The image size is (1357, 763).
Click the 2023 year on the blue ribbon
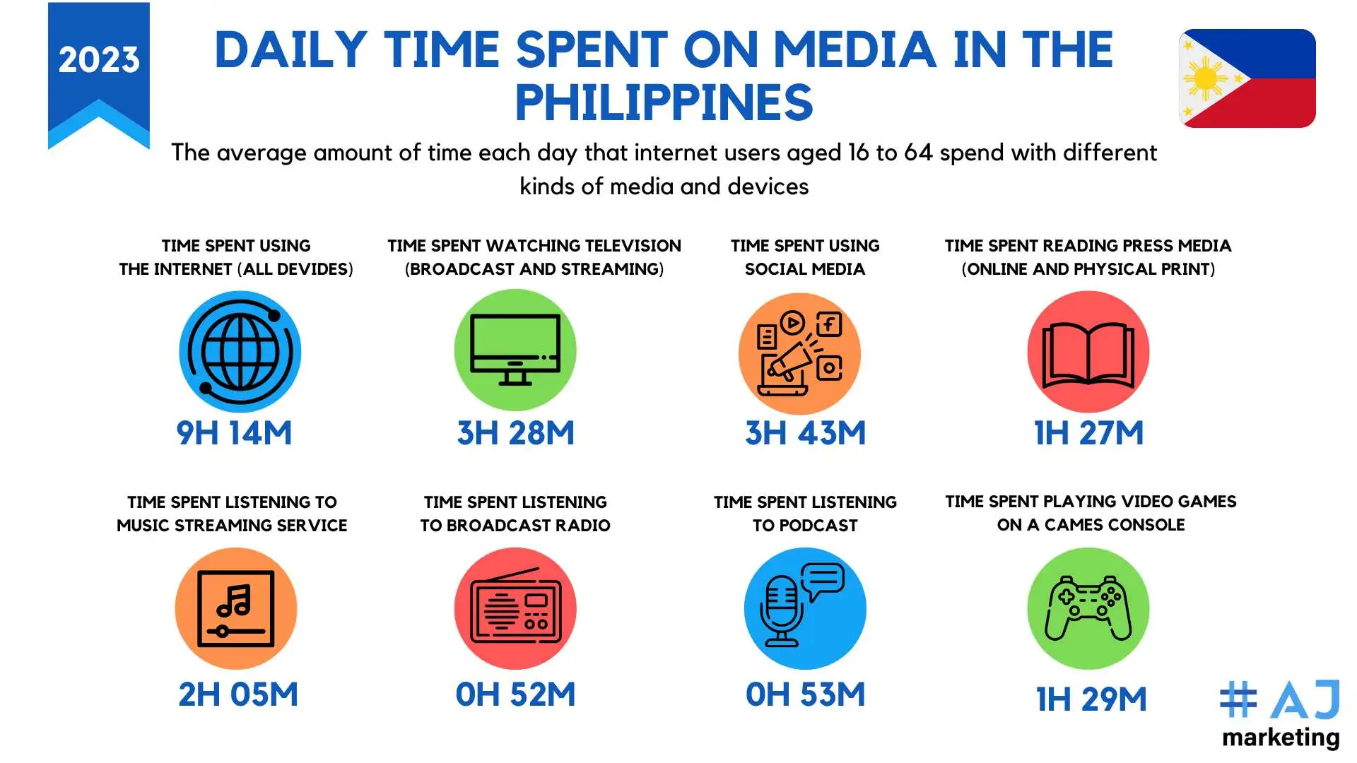click(99, 59)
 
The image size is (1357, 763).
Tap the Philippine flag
click(1247, 78)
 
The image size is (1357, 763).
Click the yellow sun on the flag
click(1205, 78)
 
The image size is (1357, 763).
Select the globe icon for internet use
click(240, 351)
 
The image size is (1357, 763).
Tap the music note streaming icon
click(236, 608)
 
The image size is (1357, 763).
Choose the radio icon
click(515, 608)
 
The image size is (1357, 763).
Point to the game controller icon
click(1088, 608)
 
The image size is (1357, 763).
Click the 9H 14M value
click(234, 433)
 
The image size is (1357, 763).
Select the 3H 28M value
click(516, 433)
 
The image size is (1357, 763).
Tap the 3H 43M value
click(806, 433)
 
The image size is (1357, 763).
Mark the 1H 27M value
click(1089, 433)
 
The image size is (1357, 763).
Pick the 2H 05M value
click(238, 694)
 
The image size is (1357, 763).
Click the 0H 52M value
click(516, 694)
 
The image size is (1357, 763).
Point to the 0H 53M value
click(806, 694)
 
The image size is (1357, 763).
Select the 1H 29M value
click(1092, 699)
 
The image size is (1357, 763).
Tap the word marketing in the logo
click(1281, 738)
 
